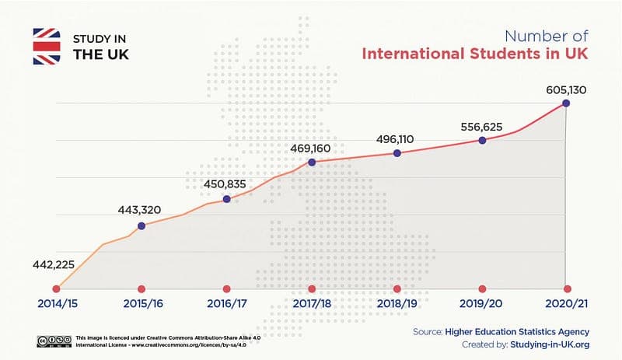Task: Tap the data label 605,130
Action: (565, 89)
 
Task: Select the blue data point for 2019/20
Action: (482, 140)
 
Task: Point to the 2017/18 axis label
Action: (312, 304)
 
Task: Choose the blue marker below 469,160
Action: (312, 163)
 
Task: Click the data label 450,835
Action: (225, 184)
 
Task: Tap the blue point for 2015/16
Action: (141, 226)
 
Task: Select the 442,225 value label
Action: (54, 264)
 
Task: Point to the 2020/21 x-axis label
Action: (567, 304)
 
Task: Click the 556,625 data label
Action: (481, 126)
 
